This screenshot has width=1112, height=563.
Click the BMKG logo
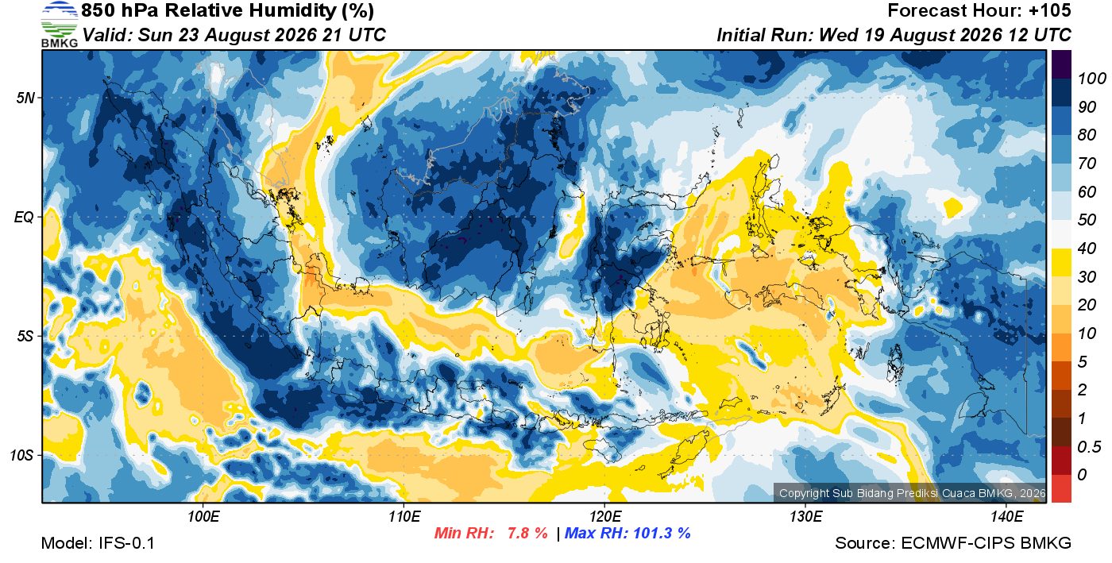[60, 24]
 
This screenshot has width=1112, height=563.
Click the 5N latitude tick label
[25, 98]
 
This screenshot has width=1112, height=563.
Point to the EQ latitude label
[24, 217]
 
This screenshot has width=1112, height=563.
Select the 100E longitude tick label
[203, 516]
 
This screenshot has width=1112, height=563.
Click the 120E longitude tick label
[605, 516]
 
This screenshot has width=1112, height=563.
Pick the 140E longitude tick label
[1007, 516]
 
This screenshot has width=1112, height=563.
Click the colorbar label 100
[1091, 79]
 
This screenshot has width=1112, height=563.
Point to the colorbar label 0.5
[1088, 447]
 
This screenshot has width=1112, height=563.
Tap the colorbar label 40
[1087, 249]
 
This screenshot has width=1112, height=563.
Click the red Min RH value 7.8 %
[527, 533]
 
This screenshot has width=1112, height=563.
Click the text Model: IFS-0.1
[98, 543]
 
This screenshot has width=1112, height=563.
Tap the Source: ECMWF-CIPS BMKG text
[953, 543]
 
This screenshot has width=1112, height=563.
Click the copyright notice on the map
[912, 493]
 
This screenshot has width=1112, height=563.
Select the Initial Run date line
[894, 35]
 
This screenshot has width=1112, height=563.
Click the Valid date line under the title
[234, 35]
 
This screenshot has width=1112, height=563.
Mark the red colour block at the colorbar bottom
[1061, 488]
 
